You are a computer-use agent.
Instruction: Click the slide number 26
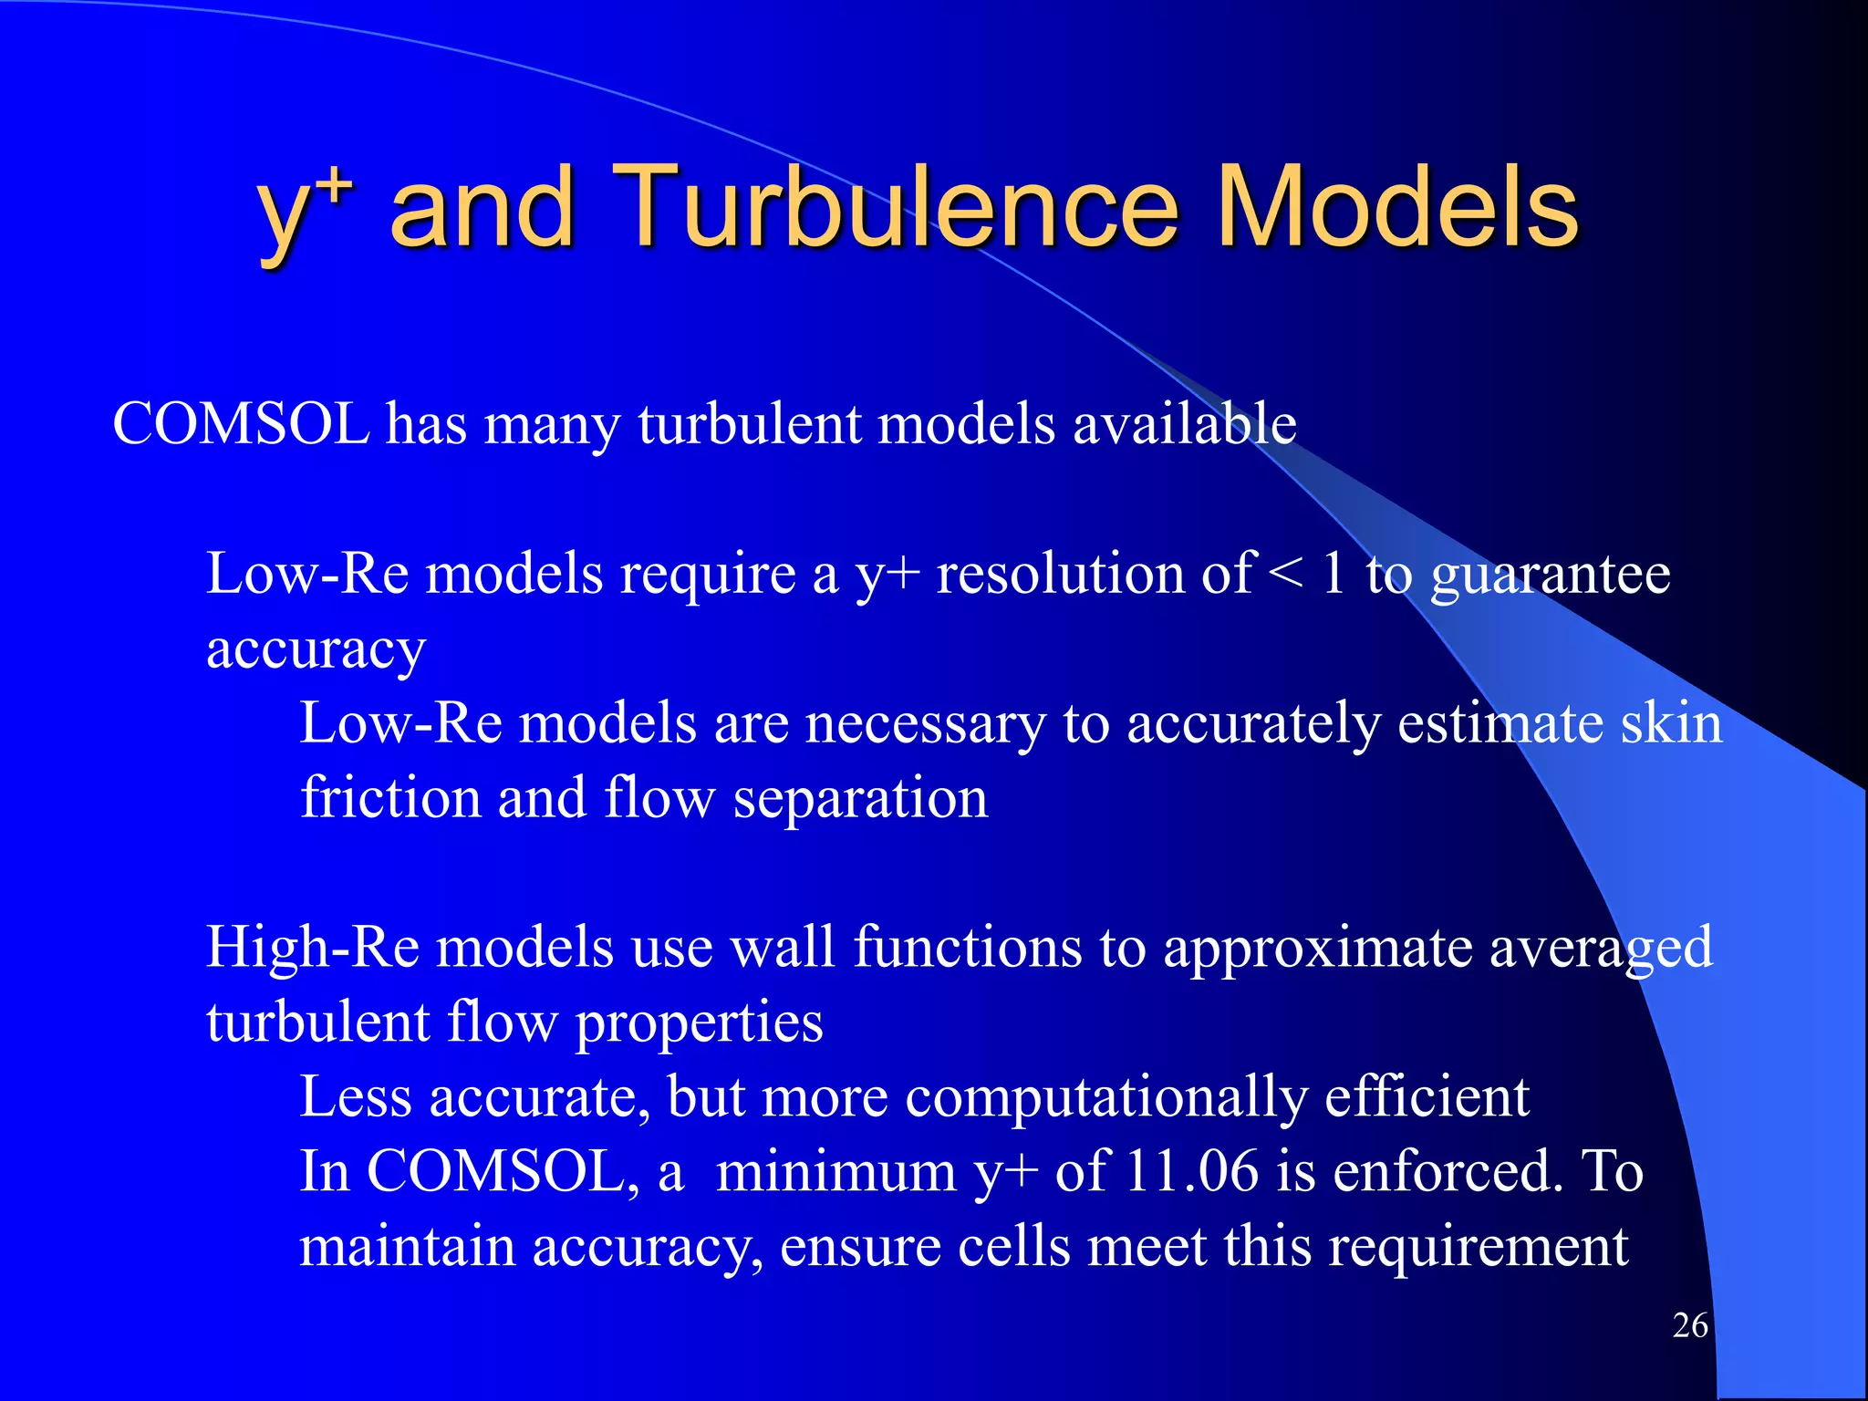coord(1690,1325)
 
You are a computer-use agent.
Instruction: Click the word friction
coord(390,798)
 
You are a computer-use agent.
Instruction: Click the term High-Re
coord(313,948)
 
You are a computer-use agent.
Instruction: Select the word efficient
coord(1427,1097)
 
